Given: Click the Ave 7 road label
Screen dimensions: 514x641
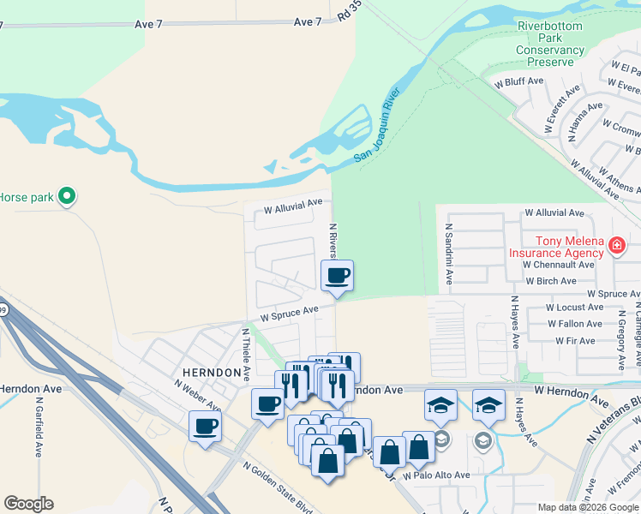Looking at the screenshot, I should pos(148,23).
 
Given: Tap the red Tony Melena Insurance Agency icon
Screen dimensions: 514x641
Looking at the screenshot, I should pos(616,248).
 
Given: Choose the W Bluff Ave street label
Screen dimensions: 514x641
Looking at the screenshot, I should pos(519,81).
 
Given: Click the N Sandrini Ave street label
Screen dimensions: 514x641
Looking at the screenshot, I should pos(448,254).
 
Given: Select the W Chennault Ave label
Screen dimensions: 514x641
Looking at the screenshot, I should pos(559,265).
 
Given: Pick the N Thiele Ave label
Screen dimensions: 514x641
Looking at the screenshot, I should pos(247,351).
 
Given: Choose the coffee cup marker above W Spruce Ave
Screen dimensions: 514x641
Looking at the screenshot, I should pos(337,276).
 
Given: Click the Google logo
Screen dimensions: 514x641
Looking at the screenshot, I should pos(28,504).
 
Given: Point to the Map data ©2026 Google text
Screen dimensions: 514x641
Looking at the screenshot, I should pos(587,507).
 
